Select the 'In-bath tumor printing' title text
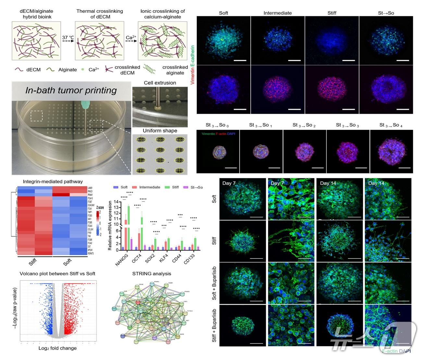point(71,90)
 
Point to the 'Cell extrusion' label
point(160,83)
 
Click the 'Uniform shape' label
point(160,131)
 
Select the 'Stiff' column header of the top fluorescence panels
point(332,13)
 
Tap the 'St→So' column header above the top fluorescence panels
point(386,13)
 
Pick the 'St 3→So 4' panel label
point(391,125)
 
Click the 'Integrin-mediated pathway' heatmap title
point(53,182)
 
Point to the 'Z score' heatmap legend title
point(100,208)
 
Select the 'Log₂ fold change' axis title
point(57,348)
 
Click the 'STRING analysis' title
point(152,274)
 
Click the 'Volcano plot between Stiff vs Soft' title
point(57,274)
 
